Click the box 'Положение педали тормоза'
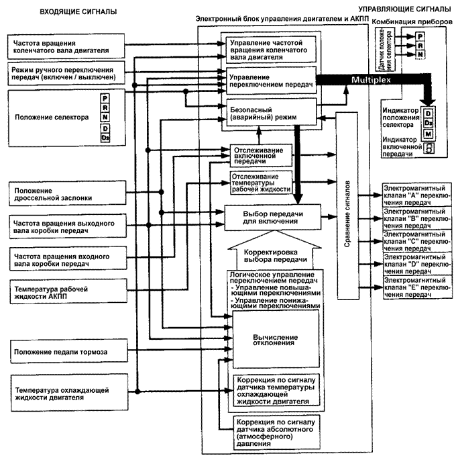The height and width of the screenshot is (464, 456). point(69,352)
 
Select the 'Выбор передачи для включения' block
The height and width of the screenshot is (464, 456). point(273,218)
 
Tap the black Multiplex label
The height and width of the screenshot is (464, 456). point(371,80)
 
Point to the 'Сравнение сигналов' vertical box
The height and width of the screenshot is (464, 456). point(347,206)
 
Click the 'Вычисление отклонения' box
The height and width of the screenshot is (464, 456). point(276,340)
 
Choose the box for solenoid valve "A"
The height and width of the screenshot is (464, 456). point(417,195)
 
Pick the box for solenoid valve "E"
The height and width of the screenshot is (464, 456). point(417,287)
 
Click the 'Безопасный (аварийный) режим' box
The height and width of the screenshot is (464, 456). point(271,112)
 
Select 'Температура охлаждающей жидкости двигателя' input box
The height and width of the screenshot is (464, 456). point(69,393)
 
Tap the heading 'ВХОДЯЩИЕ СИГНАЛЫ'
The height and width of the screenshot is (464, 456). point(78,12)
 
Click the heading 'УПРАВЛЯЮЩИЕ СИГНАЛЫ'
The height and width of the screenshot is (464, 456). point(404,9)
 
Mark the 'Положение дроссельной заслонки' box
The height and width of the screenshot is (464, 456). point(67,193)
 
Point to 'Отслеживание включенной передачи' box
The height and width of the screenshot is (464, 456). point(261,155)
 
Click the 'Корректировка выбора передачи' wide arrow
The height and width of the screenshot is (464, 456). point(275,250)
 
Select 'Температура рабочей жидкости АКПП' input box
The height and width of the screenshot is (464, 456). point(68,291)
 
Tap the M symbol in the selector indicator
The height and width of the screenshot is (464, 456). point(429,134)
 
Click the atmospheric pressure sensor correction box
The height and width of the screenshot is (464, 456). point(276,432)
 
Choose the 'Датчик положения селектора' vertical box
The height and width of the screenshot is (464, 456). point(386,50)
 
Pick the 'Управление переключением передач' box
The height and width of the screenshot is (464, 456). point(271,81)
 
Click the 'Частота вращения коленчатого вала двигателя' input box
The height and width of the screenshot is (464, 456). point(66,46)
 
